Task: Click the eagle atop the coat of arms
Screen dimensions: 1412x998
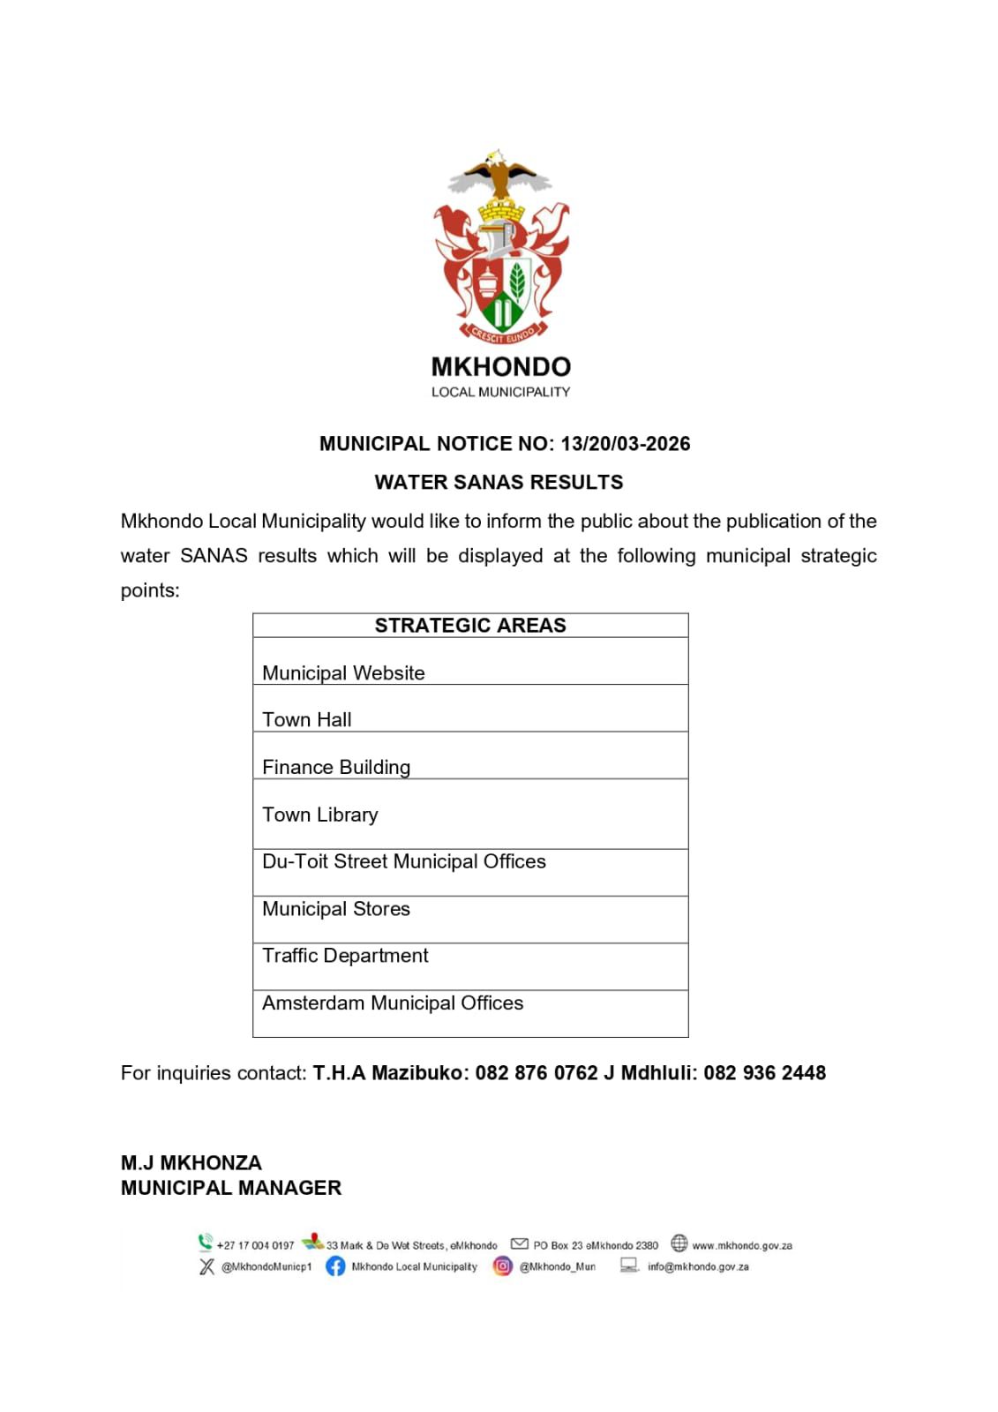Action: pyautogui.click(x=499, y=175)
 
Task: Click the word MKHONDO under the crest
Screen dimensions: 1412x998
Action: pyautogui.click(x=500, y=367)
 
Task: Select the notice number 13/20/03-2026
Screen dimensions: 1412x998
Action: pyautogui.click(x=625, y=444)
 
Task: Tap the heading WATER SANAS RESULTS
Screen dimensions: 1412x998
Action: pyautogui.click(x=499, y=483)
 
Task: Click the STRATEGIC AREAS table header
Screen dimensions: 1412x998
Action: pyautogui.click(x=470, y=626)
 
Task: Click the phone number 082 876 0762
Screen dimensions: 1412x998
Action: pyautogui.click(x=536, y=1073)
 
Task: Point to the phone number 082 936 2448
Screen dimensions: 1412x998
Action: pyautogui.click(x=764, y=1073)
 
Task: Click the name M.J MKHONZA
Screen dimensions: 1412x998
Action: pyautogui.click(x=191, y=1163)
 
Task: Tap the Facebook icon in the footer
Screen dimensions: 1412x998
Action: pyautogui.click(x=335, y=1266)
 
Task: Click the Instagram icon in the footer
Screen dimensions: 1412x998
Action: pyautogui.click(x=502, y=1266)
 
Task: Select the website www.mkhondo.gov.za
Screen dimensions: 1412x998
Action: pyautogui.click(x=741, y=1246)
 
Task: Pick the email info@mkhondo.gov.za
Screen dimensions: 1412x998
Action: pyautogui.click(x=697, y=1267)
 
